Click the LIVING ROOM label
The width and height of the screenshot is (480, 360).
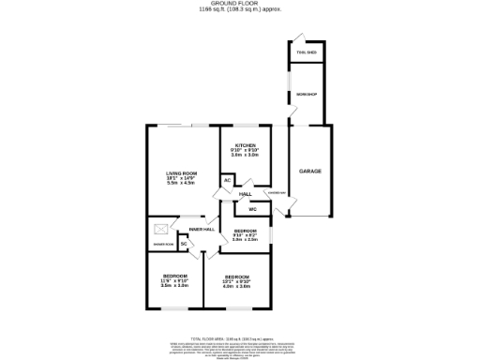(x=183, y=172)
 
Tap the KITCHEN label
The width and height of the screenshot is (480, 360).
(x=246, y=145)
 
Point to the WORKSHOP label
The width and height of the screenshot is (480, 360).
(x=307, y=95)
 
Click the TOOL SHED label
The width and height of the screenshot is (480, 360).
(x=307, y=53)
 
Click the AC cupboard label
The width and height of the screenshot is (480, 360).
(x=227, y=180)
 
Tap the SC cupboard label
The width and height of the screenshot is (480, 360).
(x=184, y=244)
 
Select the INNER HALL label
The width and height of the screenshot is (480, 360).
(x=202, y=229)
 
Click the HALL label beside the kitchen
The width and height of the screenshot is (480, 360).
(x=245, y=194)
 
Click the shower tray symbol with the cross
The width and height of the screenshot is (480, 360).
(x=161, y=228)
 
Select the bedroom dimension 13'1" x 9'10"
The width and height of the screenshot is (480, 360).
(x=236, y=281)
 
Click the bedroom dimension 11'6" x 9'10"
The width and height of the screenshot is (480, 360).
(x=174, y=280)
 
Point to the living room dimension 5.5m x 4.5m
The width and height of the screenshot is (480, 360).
(x=183, y=183)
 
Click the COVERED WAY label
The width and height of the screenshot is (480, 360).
(x=277, y=194)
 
